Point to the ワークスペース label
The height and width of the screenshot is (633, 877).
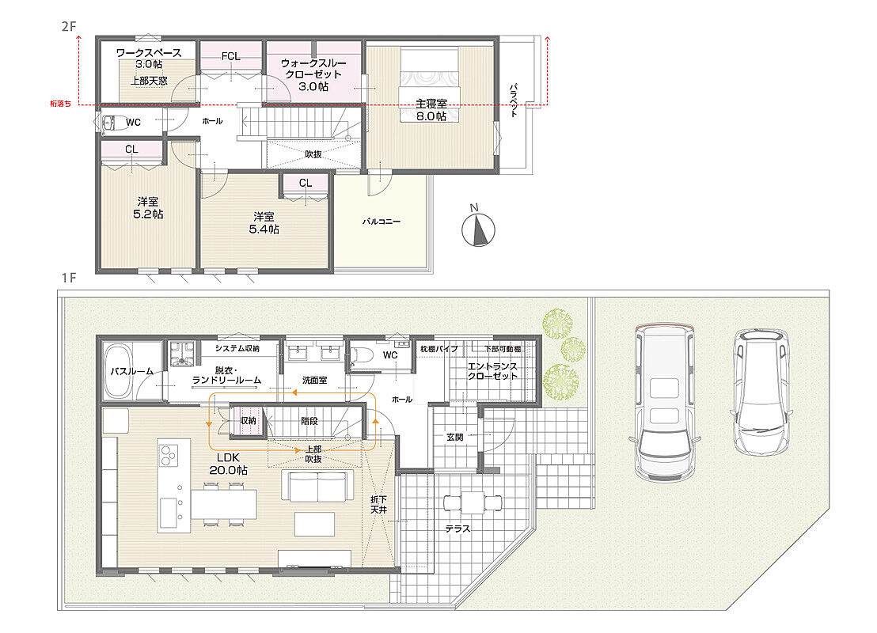149,52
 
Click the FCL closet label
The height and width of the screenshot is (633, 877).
230,56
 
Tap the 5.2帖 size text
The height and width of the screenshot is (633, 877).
148,214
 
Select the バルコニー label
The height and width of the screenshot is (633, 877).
382,222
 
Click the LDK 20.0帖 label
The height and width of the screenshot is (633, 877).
228,464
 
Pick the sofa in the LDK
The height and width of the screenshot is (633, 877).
317,487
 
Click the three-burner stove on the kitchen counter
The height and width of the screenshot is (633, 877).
167,455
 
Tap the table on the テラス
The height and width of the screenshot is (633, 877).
473,502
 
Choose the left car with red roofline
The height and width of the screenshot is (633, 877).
665,401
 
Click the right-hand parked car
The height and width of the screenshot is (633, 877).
761,391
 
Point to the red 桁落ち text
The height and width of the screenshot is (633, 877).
60,104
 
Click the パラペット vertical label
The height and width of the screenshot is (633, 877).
514,100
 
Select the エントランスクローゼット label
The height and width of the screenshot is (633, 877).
493,371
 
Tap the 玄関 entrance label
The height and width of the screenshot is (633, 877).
455,438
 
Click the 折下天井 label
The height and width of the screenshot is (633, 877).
378,504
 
